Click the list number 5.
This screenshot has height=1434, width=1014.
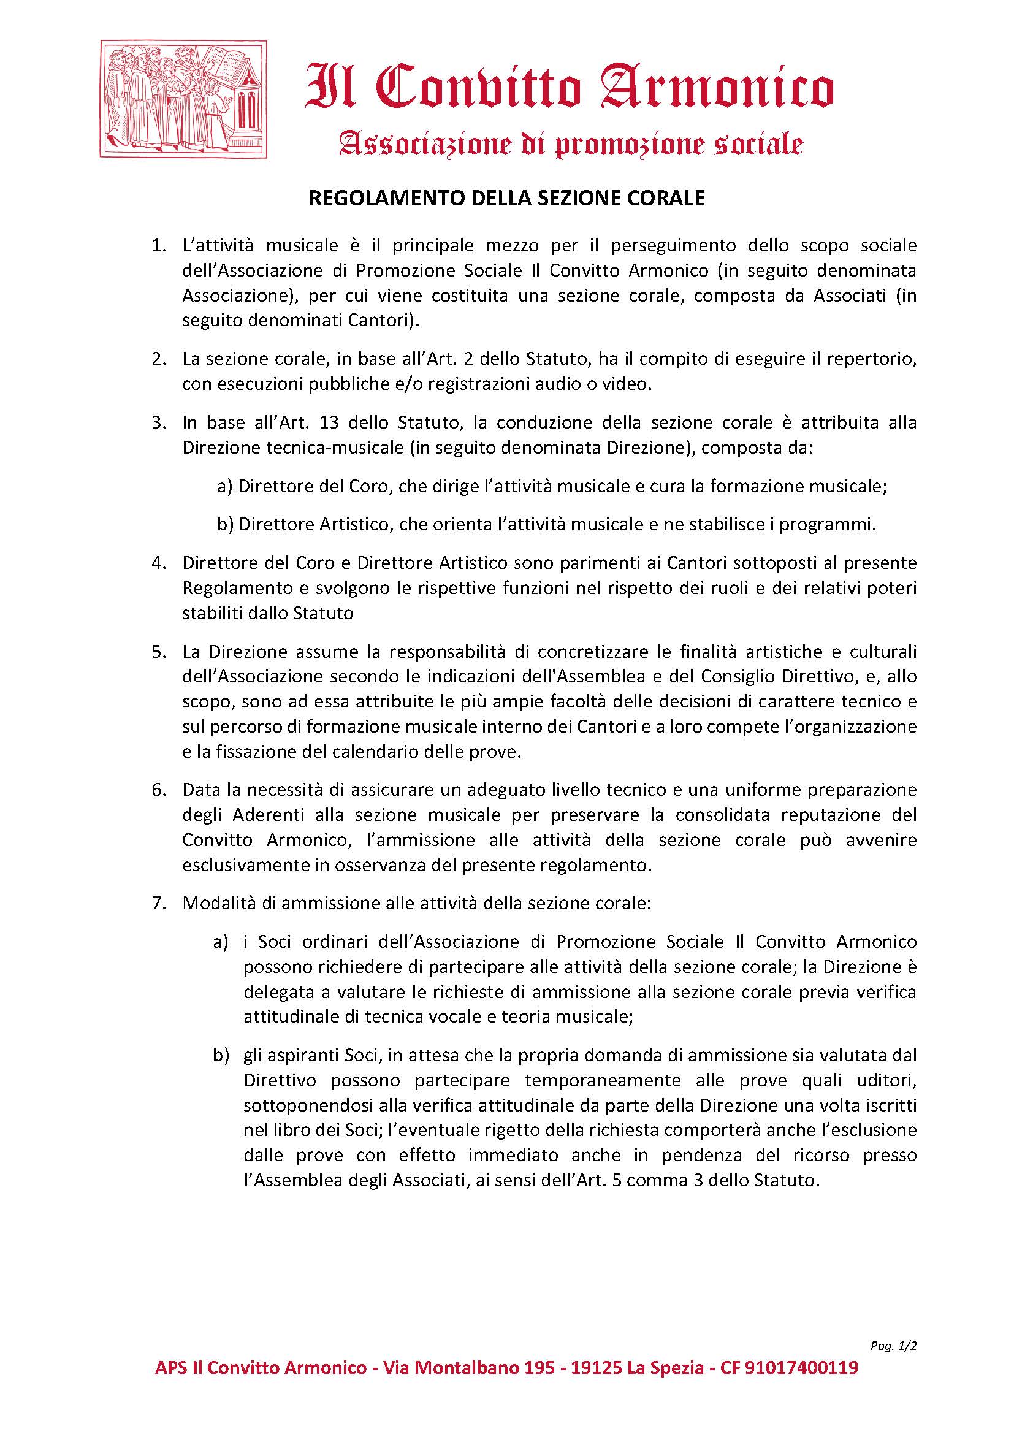(x=158, y=652)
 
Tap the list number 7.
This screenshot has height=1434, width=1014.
(x=158, y=904)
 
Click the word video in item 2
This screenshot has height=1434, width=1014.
(x=631, y=384)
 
